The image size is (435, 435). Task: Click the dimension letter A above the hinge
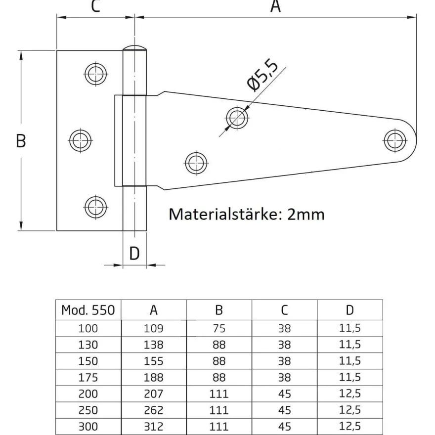pos(275,6)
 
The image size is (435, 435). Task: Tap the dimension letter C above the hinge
pos(95,6)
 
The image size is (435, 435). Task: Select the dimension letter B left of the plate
pos(21,141)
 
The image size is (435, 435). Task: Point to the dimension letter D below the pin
pos(134,253)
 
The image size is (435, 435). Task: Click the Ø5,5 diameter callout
pos(262,75)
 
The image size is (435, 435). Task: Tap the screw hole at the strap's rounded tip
pos(395,141)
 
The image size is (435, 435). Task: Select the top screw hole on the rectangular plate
pos(96,74)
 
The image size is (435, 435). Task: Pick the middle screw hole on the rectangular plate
pos(81,141)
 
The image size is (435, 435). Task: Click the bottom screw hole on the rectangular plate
pos(96,207)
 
